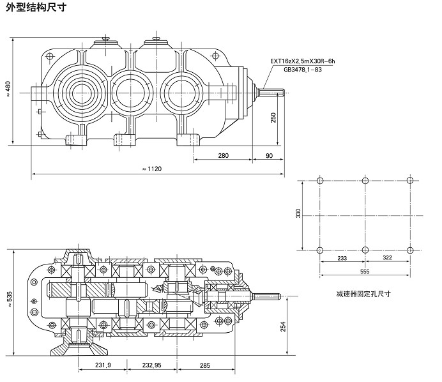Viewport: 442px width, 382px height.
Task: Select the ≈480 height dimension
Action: tap(8, 89)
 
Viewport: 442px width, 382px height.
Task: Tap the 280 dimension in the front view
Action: tap(223, 155)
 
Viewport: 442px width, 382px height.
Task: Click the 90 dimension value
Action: tap(268, 155)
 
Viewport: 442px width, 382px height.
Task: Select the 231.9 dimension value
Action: tap(102, 366)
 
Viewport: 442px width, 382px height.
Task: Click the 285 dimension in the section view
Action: tap(204, 366)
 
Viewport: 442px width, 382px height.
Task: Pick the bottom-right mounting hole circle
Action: tap(409, 249)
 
